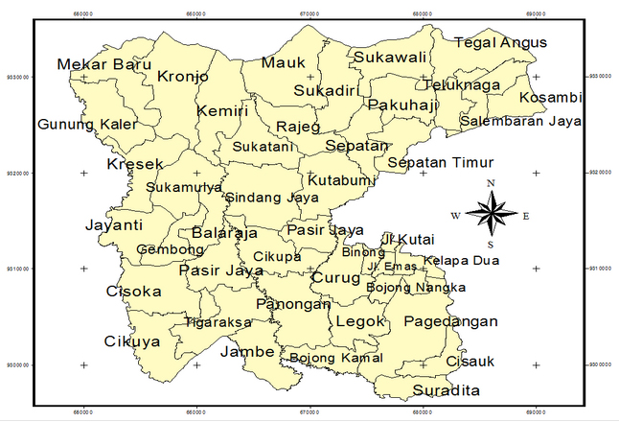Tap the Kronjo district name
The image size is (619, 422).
click(x=183, y=76)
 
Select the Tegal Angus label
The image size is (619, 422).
click(x=500, y=42)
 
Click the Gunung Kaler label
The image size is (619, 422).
click(x=87, y=125)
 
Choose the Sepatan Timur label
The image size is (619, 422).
click(x=444, y=162)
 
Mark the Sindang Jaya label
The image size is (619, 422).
click(x=271, y=198)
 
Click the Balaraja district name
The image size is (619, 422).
click(x=224, y=233)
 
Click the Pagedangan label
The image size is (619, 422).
click(x=450, y=322)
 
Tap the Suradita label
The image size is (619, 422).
click(x=447, y=391)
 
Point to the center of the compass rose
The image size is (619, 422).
click(x=491, y=214)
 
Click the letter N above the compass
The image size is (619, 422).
click(x=491, y=183)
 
